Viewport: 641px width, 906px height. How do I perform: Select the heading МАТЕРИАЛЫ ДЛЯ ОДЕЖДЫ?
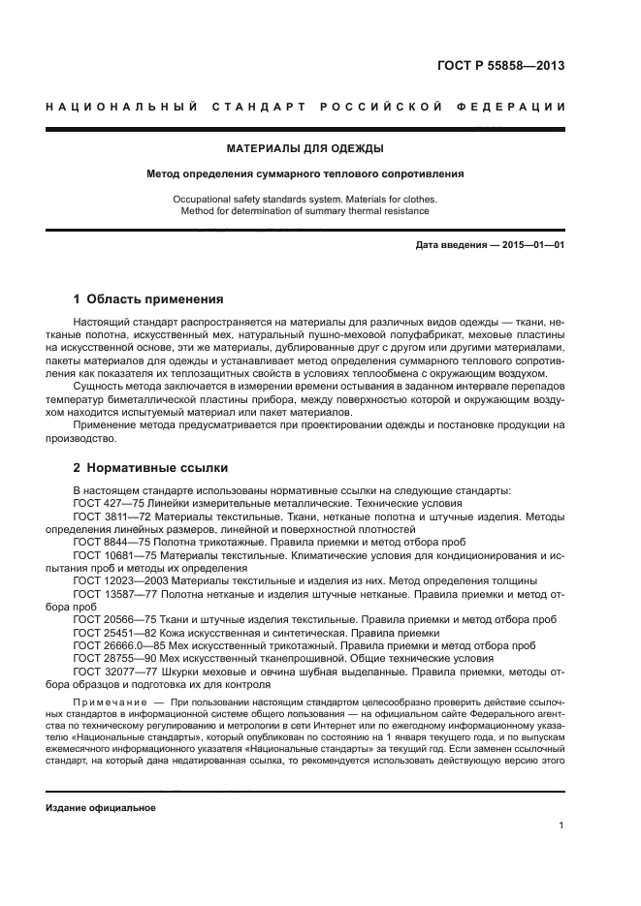coord(304,148)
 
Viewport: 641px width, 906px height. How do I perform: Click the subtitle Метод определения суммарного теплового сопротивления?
coord(304,174)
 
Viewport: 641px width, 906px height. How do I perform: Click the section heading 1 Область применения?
coord(148,299)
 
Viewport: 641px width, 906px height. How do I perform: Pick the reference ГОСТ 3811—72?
coord(109,517)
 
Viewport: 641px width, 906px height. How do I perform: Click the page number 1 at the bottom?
coord(561,826)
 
